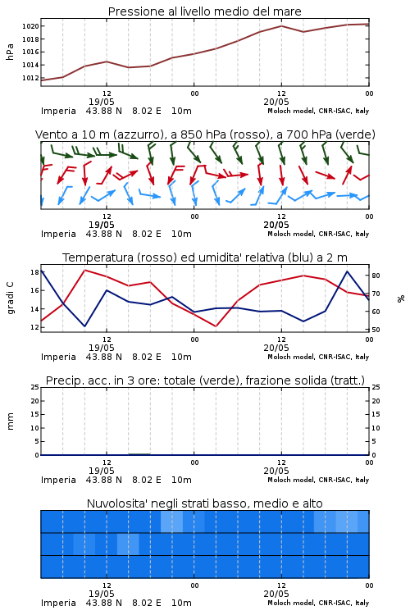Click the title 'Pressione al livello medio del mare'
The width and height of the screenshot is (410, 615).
204,11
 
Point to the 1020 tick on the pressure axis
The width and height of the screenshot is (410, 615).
30,26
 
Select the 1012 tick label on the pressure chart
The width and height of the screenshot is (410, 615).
30,78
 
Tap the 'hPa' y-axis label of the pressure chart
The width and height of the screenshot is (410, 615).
10,52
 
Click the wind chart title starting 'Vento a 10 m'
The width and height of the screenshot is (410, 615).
205,134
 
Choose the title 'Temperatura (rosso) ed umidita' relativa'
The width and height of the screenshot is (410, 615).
205,257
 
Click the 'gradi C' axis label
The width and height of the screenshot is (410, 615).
10,298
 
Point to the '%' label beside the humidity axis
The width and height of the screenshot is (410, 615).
401,298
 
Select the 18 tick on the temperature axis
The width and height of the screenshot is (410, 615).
34,272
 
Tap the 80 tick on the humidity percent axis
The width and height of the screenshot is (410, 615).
376,276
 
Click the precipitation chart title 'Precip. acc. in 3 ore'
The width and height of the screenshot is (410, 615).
205,380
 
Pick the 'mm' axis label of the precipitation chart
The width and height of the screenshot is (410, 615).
10,421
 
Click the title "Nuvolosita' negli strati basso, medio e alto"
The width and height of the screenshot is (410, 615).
204,503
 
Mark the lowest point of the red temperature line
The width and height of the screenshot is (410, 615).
216,326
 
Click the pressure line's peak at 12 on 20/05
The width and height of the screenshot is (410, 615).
281,26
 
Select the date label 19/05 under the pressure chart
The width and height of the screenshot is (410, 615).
101,102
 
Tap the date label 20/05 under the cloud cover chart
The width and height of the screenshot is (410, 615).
276,594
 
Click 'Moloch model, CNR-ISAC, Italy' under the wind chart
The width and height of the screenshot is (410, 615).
318,234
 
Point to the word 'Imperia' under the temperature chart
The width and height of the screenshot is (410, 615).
58,357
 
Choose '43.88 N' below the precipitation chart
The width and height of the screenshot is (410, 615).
104,480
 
